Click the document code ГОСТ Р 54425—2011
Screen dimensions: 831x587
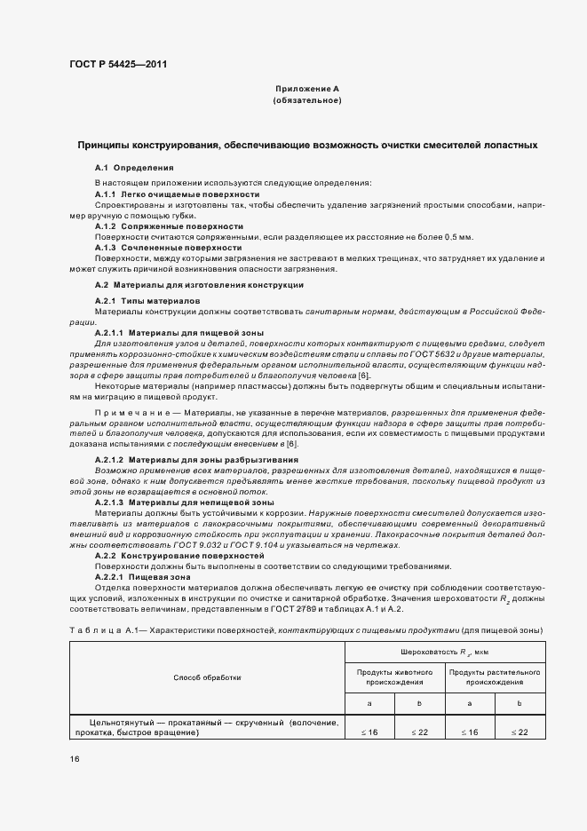117,64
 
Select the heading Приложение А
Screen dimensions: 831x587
306,90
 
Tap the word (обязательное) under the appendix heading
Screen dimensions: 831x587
306,101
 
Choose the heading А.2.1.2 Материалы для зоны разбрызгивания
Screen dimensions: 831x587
196,459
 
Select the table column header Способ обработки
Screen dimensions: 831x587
207,677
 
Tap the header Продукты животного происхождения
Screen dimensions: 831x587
394,677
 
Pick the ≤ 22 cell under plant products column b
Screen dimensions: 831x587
520,732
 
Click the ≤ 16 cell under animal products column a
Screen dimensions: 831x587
369,732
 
